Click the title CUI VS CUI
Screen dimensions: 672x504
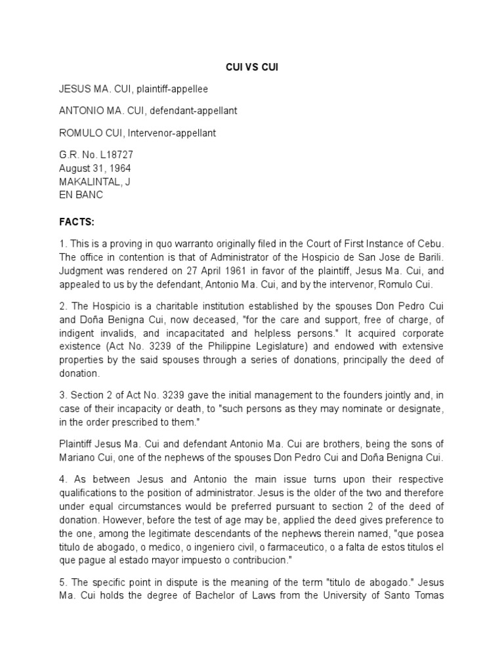pyautogui.click(x=251, y=67)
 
